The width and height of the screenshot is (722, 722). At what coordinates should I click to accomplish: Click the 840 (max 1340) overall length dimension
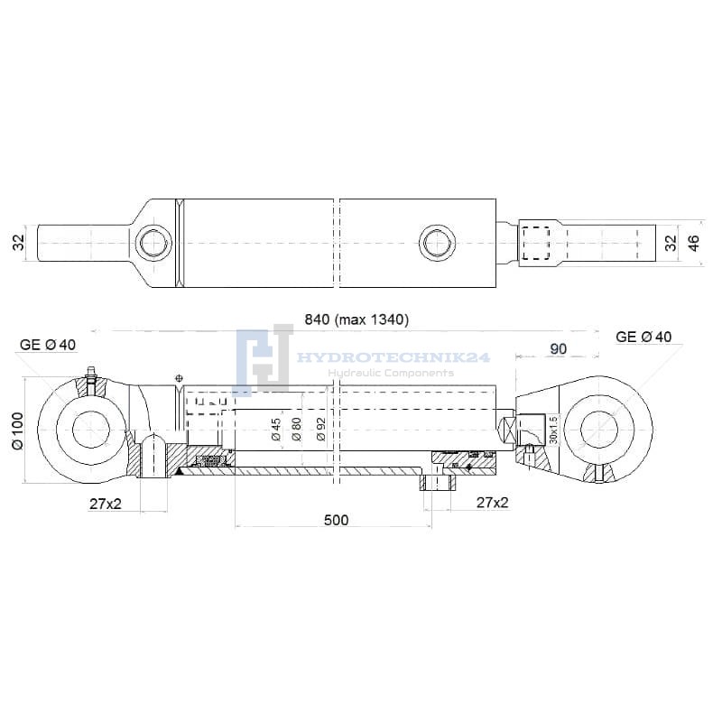(x=356, y=319)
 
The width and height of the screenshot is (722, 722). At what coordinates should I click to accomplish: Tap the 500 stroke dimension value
(x=336, y=520)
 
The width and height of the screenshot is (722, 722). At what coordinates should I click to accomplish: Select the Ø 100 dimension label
(x=17, y=430)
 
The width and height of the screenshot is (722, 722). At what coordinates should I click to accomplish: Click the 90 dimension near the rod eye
(x=558, y=349)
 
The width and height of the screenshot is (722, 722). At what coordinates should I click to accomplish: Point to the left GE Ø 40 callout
(x=48, y=345)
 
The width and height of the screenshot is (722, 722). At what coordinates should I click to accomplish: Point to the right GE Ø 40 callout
(x=643, y=337)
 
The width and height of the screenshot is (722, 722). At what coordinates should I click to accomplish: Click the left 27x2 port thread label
(x=106, y=504)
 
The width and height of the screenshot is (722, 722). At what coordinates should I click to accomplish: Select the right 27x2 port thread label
(x=492, y=503)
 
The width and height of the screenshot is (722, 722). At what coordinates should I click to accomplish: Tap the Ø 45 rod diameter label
(x=276, y=430)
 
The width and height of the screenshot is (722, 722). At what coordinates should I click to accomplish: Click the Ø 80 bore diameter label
(x=297, y=430)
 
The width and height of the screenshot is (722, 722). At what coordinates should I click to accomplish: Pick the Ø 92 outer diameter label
(x=321, y=430)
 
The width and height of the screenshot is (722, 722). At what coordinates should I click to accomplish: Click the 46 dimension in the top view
(x=693, y=243)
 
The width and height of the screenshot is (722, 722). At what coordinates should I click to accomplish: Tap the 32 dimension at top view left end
(x=18, y=243)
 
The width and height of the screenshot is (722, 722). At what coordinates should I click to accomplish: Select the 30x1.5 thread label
(x=553, y=430)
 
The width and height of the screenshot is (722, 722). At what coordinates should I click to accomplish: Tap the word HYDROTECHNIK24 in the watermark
(x=393, y=357)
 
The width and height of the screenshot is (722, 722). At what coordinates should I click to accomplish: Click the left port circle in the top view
(x=153, y=243)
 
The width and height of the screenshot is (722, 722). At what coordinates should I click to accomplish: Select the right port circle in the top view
(x=438, y=243)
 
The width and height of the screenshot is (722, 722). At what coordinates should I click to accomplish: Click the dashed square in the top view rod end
(x=536, y=243)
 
